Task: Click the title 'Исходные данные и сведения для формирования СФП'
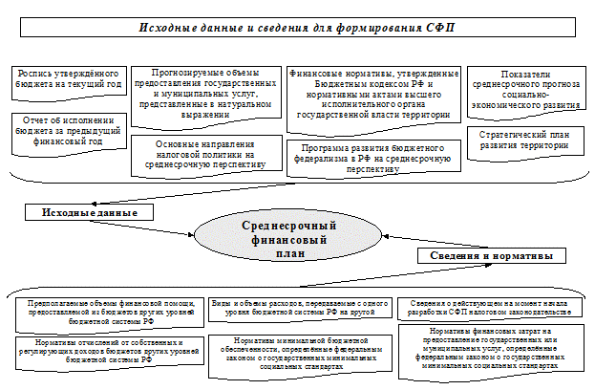(297, 29)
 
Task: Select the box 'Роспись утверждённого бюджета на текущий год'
(68, 79)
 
